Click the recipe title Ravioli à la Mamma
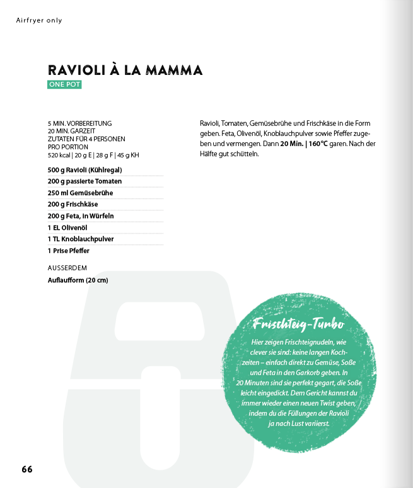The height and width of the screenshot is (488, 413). pos(125,70)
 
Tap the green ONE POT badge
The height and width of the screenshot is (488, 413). pos(64,84)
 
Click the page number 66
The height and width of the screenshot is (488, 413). pos(27,469)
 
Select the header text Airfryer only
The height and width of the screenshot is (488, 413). pos(39,21)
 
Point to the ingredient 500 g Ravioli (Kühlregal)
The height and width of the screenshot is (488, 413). pos(84,170)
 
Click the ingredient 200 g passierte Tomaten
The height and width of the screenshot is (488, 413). pos(84,181)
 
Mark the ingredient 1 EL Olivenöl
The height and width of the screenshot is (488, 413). pos(67,227)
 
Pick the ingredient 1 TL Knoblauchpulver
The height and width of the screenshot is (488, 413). pos(81,239)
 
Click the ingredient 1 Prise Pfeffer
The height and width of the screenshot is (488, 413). pos(68,251)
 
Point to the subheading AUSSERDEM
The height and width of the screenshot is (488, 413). pos(67,268)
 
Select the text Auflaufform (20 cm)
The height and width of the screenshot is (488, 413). pos(78,280)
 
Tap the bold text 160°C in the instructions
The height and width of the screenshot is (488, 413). pos(318,144)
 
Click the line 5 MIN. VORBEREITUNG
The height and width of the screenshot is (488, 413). pos(79,123)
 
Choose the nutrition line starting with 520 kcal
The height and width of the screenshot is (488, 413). pos(93,154)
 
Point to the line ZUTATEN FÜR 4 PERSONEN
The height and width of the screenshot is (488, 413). pos(86,139)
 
